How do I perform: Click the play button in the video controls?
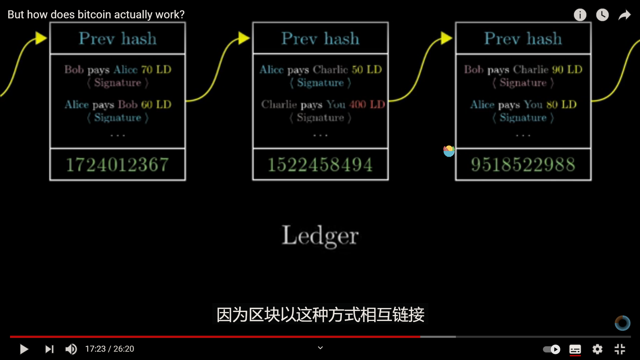click(x=24, y=349)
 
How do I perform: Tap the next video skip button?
click(x=49, y=349)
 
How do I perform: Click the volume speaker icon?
click(x=71, y=349)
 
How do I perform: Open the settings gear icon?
click(x=597, y=349)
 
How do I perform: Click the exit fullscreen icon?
click(x=620, y=349)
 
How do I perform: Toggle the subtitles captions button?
click(x=575, y=349)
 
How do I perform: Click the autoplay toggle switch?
click(x=552, y=349)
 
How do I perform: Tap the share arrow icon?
click(x=624, y=15)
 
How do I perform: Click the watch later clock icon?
click(x=602, y=15)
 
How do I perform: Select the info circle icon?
click(x=580, y=15)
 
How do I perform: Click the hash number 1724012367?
click(x=117, y=165)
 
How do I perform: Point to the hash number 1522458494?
click(x=320, y=165)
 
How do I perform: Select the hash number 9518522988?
click(x=523, y=165)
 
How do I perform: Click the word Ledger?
click(x=320, y=236)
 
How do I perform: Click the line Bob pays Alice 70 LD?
click(x=118, y=70)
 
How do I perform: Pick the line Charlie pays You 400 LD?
click(x=323, y=105)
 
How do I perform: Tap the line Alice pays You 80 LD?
click(x=523, y=105)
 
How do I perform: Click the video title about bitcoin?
click(x=96, y=15)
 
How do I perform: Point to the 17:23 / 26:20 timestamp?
click(x=109, y=349)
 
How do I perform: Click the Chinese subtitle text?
click(x=320, y=314)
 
